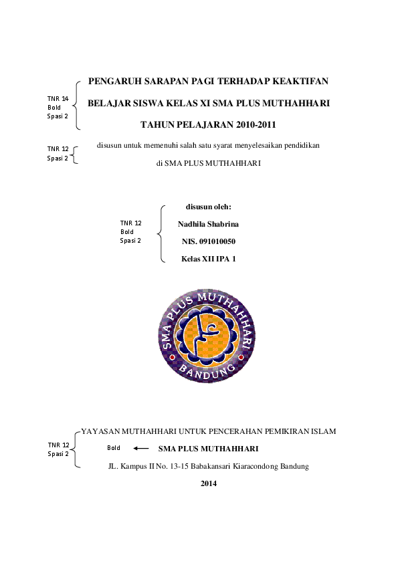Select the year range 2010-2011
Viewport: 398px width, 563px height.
[252, 124]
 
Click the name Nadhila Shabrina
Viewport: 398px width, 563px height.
[208, 224]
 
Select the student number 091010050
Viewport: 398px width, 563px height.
[217, 241]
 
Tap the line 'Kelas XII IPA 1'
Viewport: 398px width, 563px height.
[208, 257]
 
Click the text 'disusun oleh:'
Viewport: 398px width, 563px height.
[208, 207]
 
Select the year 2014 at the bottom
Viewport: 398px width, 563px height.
[209, 483]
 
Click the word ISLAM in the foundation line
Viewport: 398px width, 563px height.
[324, 431]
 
